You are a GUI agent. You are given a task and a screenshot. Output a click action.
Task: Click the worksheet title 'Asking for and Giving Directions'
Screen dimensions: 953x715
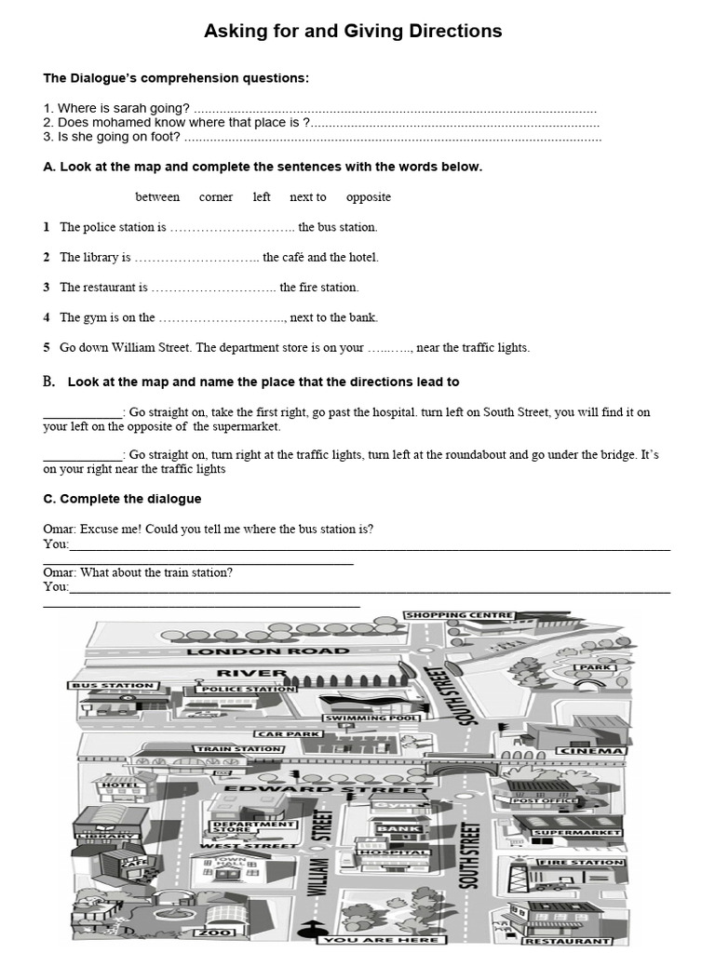353,32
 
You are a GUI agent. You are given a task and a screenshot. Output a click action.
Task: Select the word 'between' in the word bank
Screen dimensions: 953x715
157,197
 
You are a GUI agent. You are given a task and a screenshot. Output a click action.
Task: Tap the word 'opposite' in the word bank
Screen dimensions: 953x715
369,197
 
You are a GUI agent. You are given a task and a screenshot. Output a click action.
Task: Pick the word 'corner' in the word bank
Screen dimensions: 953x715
216,197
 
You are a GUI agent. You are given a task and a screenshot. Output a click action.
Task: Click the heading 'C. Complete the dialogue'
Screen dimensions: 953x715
122,499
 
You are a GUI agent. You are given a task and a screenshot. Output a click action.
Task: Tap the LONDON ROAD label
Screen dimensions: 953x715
254,651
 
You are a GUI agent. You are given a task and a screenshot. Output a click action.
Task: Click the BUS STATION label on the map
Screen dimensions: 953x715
113,686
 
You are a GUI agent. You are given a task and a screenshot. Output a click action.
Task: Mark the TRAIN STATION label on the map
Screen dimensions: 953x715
238,748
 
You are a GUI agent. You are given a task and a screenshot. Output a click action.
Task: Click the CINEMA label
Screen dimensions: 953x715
591,750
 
